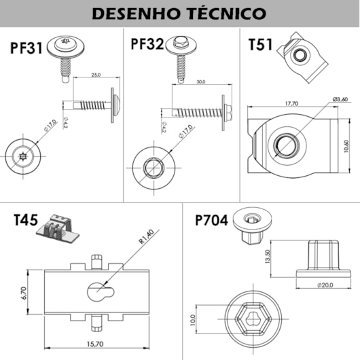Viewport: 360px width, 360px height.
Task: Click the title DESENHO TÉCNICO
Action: [179, 14]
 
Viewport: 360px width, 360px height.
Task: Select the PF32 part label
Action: [147, 45]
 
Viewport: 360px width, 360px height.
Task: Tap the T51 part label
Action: [262, 46]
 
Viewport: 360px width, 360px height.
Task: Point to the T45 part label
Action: [26, 220]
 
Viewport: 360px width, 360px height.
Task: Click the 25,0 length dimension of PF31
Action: [95, 75]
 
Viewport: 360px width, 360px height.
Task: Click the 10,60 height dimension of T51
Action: [346, 146]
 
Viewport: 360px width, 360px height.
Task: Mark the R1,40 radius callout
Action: [145, 240]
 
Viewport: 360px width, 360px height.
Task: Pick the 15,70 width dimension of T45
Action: [94, 344]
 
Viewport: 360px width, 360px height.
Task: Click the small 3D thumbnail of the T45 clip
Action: [60, 229]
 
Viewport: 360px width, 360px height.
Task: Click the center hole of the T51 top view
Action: [285, 144]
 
